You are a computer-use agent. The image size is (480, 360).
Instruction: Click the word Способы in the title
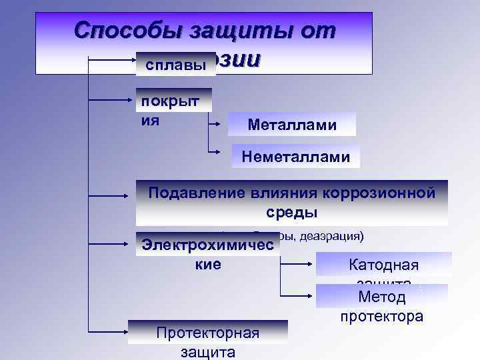[x=129, y=30]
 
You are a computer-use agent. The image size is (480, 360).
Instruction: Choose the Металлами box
[x=292, y=125]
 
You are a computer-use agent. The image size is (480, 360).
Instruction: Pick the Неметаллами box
[x=296, y=157]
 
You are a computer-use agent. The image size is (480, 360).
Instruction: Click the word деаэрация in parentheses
[x=331, y=236]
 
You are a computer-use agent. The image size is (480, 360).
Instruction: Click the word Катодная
[x=383, y=265]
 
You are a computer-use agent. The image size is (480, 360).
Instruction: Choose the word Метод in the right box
[x=381, y=296]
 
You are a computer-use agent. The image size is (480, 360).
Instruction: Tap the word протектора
[x=381, y=315]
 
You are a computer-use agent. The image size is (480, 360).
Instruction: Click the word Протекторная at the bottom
[x=207, y=333]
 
